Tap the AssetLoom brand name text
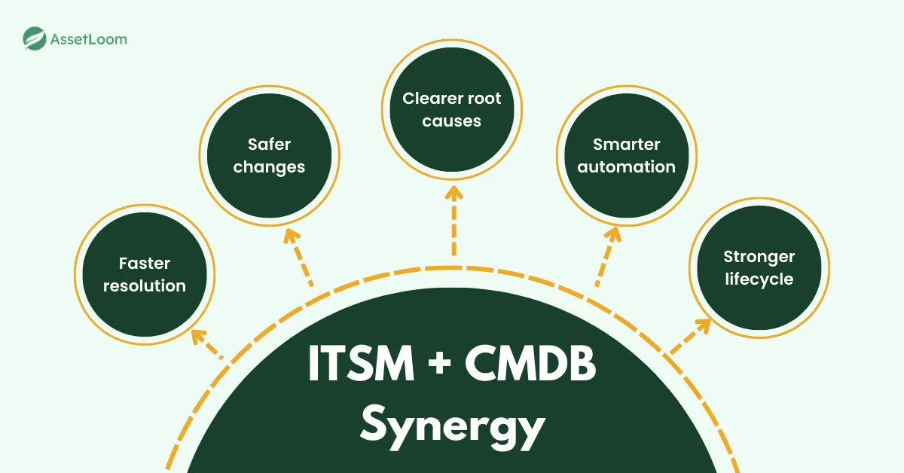[88, 39]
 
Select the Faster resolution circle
[144, 274]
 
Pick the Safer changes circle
[269, 155]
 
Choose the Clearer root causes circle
[452, 109]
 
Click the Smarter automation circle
[627, 155]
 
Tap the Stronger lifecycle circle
[759, 267]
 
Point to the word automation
[627, 166]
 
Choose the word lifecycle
[759, 279]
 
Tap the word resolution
[144, 285]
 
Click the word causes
[452, 121]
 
